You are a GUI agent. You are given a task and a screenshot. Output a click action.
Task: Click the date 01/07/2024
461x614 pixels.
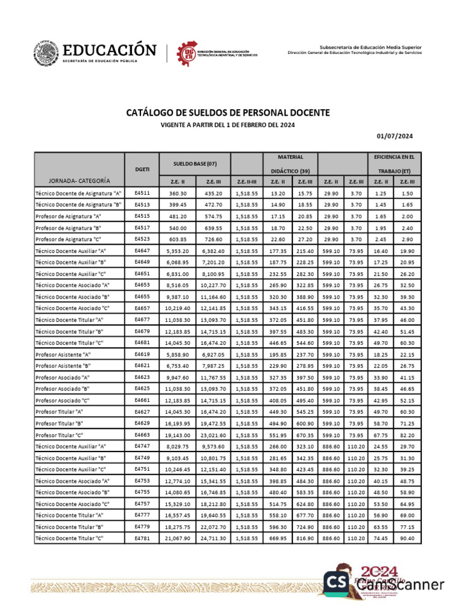(396, 136)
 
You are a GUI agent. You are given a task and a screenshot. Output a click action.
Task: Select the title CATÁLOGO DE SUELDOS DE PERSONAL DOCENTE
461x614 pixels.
(227, 113)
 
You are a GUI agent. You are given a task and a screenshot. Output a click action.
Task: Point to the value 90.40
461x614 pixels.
(408, 538)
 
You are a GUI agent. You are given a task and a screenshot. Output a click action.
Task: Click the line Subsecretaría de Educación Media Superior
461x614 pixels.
(370, 47)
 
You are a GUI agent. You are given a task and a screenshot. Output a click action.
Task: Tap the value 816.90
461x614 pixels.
(304, 538)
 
